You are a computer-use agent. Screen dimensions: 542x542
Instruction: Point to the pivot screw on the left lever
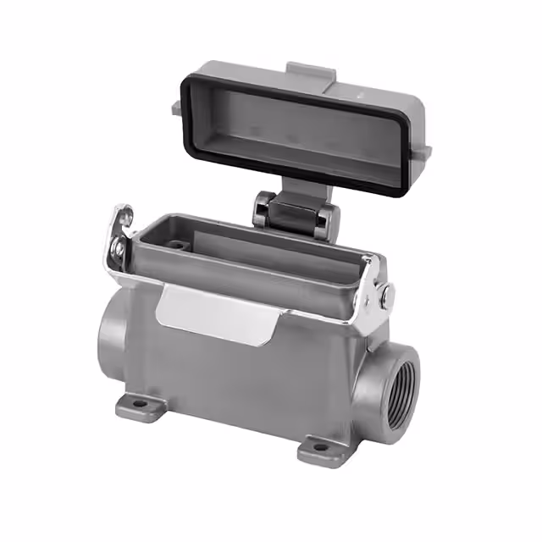click(x=119, y=249)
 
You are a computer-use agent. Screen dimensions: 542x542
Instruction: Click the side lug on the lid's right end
click(x=423, y=152)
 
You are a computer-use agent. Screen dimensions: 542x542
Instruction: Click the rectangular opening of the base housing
click(x=254, y=250)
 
